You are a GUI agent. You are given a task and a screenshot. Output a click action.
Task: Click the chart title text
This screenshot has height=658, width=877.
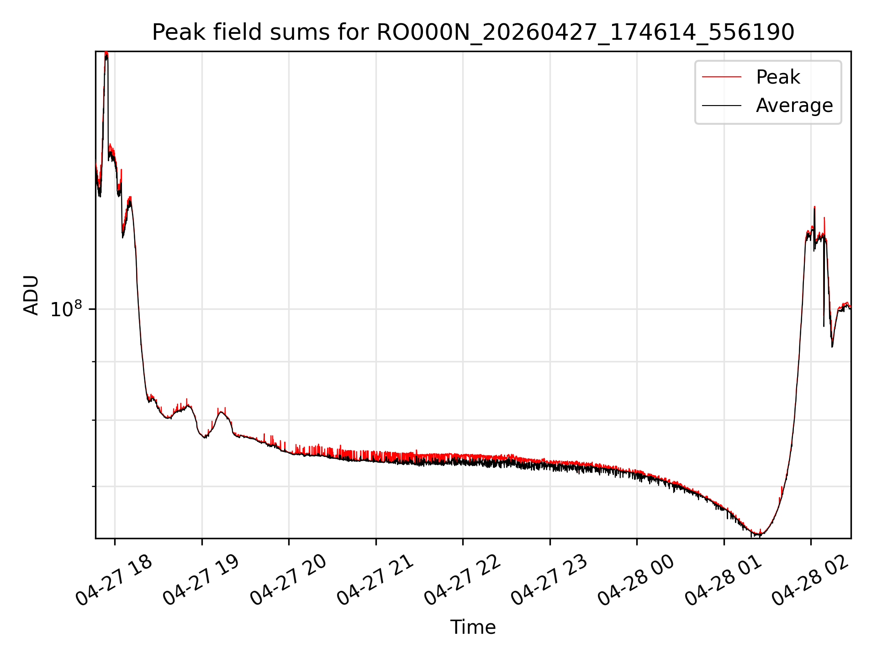473,32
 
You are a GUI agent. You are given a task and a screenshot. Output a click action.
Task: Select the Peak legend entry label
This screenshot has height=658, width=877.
778,77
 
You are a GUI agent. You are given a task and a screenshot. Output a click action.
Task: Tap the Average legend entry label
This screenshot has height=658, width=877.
794,106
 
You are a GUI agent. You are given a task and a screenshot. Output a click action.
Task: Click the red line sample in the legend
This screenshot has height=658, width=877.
721,77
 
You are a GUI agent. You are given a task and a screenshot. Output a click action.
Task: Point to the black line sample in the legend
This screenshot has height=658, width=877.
721,106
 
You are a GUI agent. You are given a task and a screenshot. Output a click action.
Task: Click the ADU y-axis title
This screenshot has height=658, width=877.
31,295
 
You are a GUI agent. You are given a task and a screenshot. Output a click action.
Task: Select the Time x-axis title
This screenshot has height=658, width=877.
473,627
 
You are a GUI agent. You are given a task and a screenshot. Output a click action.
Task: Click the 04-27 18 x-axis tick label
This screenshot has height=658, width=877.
114,580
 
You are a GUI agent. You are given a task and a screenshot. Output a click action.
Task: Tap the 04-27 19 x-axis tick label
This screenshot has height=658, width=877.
201,580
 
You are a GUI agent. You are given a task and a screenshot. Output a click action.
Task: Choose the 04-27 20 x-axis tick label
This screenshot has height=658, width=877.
288,580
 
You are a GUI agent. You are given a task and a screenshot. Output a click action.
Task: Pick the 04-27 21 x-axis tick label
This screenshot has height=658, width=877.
375,580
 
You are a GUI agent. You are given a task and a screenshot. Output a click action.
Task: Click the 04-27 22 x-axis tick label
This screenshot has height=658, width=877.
463,580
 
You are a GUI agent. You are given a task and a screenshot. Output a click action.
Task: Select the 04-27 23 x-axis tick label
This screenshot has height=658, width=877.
549,580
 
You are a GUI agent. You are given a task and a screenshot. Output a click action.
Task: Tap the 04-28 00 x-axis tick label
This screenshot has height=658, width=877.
636,580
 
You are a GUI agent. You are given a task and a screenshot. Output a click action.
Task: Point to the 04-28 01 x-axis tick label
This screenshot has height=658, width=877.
724,580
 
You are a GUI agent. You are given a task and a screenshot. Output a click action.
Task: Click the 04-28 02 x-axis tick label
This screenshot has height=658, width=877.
810,580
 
